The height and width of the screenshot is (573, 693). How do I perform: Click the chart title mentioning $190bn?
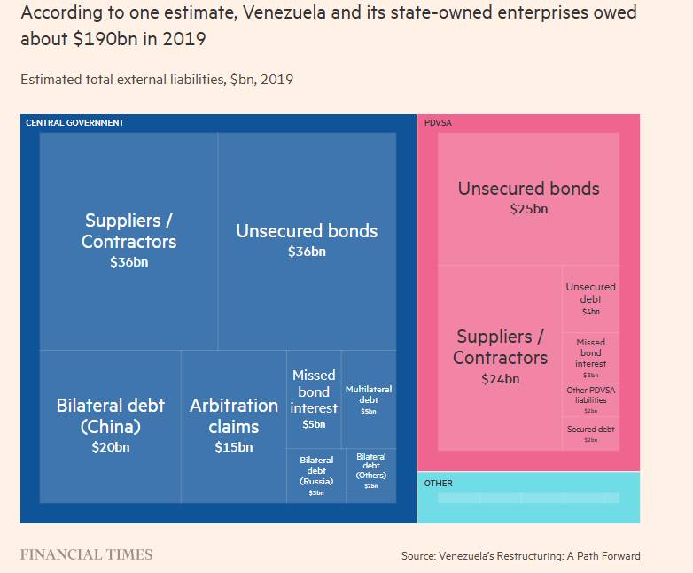pyautogui.click(x=328, y=27)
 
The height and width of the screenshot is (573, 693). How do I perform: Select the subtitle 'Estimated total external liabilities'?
pyautogui.click(x=157, y=80)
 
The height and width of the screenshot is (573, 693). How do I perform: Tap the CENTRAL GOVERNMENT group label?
pyautogui.click(x=74, y=122)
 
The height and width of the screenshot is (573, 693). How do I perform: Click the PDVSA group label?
pyautogui.click(x=438, y=122)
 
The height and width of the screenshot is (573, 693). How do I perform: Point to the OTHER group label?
pyautogui.click(x=438, y=484)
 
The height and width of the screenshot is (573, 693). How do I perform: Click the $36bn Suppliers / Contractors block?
pyautogui.click(x=128, y=240)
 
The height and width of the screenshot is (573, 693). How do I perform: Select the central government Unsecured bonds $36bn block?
pyautogui.click(x=307, y=240)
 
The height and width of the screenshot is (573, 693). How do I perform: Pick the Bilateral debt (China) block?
pyautogui.click(x=110, y=425)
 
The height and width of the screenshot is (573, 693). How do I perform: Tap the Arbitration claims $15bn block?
pyautogui.click(x=234, y=425)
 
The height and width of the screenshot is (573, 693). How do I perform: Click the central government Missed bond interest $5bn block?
pyautogui.click(x=314, y=399)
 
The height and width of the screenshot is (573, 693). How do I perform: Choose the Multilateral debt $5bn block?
pyautogui.click(x=369, y=399)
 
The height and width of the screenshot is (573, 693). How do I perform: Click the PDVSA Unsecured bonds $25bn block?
pyautogui.click(x=528, y=197)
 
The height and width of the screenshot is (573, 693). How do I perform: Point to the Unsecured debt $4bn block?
pyautogui.click(x=590, y=298)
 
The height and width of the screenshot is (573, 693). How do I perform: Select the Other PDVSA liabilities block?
pyautogui.click(x=590, y=399)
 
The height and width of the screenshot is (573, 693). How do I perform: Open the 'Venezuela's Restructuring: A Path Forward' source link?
pyautogui.click(x=539, y=556)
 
